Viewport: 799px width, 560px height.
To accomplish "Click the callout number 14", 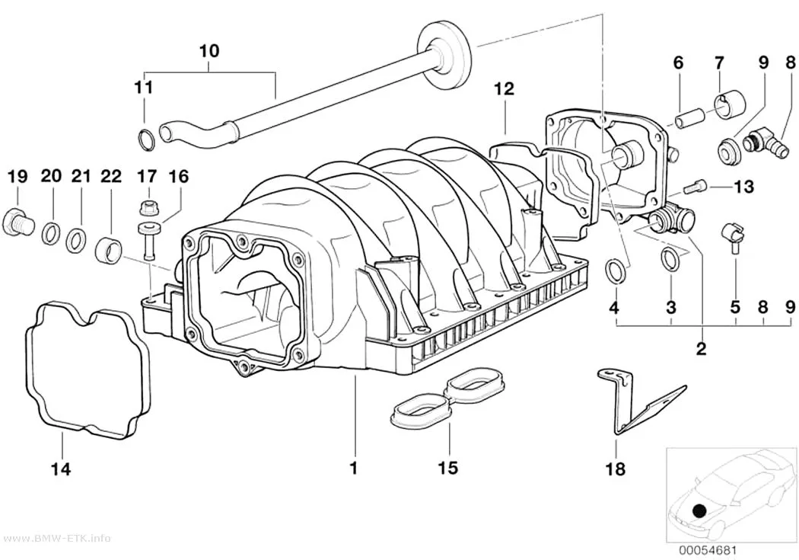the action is tap(60, 469).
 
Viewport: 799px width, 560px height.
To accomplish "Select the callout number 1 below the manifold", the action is tap(354, 469).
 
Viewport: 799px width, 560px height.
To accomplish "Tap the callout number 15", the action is tap(448, 467).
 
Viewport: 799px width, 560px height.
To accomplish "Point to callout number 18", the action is tap(616, 469).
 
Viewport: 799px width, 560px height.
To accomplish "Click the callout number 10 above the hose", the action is tap(209, 50).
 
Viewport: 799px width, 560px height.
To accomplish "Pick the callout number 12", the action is tap(504, 88).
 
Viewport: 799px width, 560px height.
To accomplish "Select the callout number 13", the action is tap(743, 187).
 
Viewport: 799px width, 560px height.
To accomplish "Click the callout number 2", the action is tap(702, 349).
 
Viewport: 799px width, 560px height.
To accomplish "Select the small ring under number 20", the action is tap(50, 232).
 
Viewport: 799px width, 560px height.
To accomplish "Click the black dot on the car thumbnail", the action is tap(700, 511).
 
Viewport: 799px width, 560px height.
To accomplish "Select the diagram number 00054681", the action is tap(707, 551).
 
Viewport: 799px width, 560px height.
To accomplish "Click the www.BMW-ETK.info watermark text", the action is tap(55, 539).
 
